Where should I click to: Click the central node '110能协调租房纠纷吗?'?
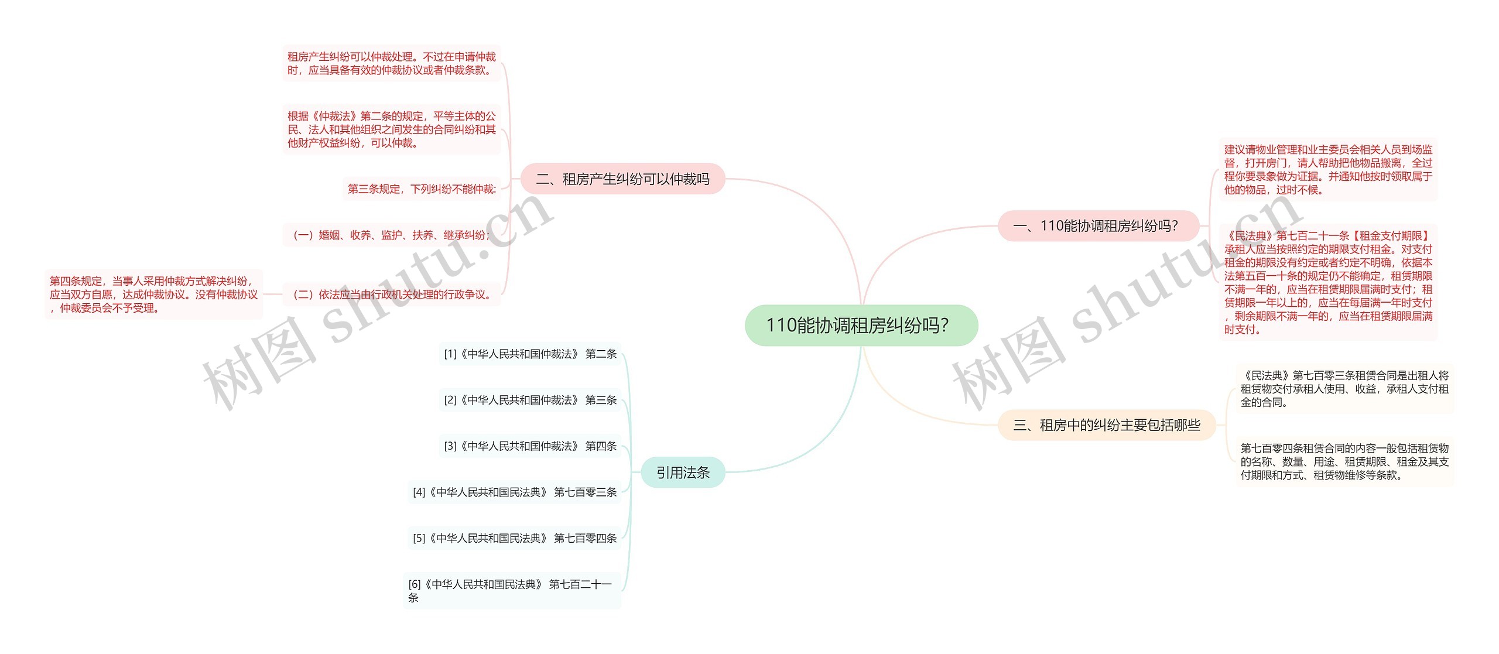(861, 325)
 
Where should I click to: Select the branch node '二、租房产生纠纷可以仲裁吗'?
(622, 179)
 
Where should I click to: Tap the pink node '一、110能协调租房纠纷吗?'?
(1098, 225)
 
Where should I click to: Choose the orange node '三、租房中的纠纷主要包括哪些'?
(1107, 424)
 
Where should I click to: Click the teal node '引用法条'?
(683, 472)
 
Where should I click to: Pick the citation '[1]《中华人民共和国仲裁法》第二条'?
(530, 354)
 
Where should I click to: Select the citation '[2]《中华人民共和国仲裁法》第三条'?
(530, 400)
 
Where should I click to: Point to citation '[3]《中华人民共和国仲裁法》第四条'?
(530, 446)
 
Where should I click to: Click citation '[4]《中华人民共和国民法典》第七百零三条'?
(514, 492)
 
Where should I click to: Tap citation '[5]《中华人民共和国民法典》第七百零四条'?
(514, 538)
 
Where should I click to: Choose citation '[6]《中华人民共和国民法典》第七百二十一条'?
(511, 590)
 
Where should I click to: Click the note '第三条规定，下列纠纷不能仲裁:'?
(422, 189)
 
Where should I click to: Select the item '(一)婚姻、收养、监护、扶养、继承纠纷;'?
(391, 235)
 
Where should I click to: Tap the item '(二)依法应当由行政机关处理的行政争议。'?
(391, 295)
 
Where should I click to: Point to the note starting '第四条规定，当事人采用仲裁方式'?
(153, 295)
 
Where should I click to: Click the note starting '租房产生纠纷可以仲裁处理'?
(391, 63)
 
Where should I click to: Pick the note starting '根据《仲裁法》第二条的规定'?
(391, 129)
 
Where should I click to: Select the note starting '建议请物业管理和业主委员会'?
(1327, 169)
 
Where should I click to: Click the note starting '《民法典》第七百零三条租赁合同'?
(1344, 389)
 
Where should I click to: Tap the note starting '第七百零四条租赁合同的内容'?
(1344, 461)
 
